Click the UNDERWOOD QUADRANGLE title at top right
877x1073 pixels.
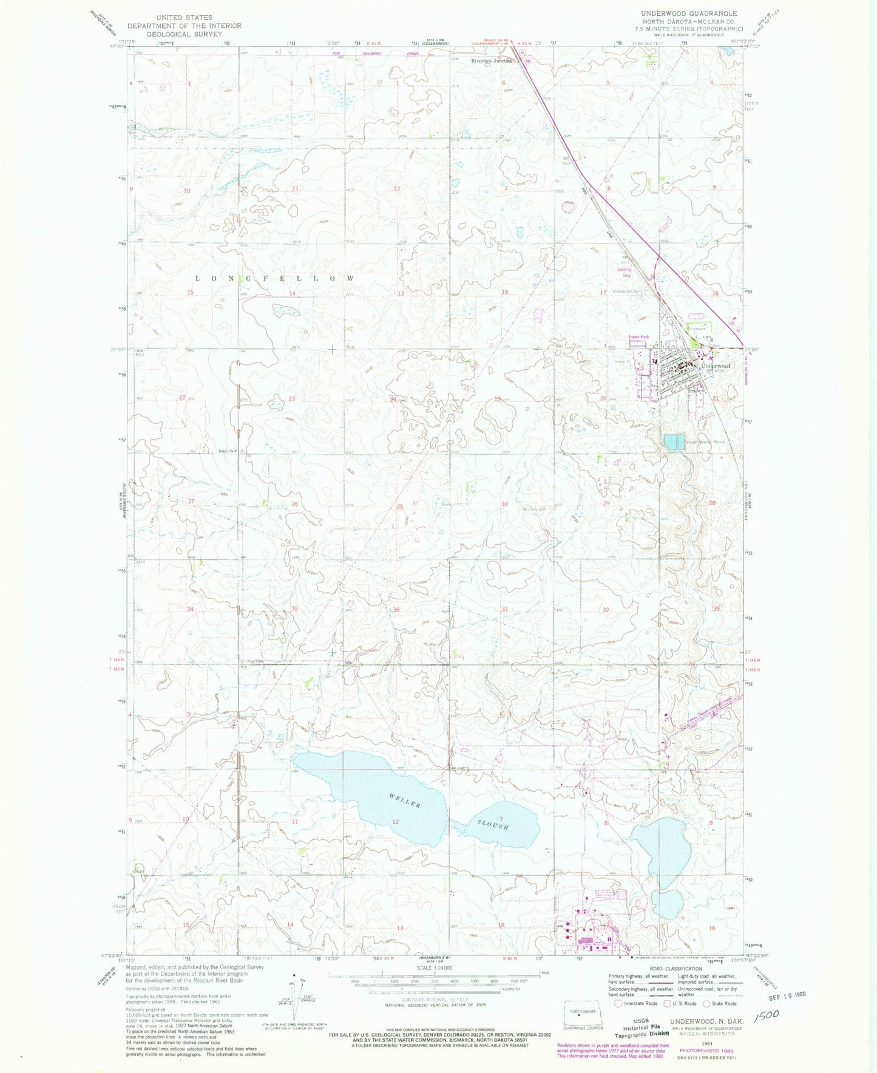pyautogui.click(x=689, y=13)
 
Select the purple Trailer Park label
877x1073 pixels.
pyautogui.click(x=638, y=337)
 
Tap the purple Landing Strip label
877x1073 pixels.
pyautogui.click(x=624, y=272)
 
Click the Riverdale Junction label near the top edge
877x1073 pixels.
pyautogui.click(x=492, y=61)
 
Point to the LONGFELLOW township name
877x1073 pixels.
pyautogui.click(x=275, y=278)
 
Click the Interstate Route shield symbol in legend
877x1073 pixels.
pyautogui.click(x=618, y=1004)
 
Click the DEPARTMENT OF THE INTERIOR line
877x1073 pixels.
pyautogui.click(x=184, y=26)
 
